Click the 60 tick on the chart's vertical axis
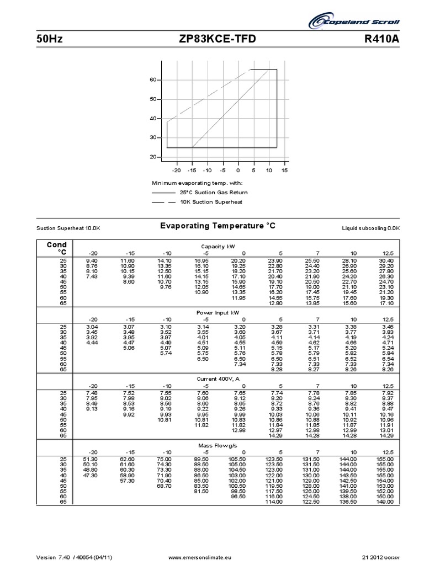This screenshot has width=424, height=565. pyautogui.click(x=153, y=80)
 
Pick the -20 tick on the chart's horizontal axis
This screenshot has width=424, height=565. pyautogui.click(x=177, y=170)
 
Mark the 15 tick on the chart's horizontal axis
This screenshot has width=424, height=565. pyautogui.click(x=284, y=170)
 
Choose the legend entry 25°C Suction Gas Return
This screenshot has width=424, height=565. pyautogui.click(x=213, y=193)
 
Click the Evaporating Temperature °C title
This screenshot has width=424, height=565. pyautogui.click(x=217, y=226)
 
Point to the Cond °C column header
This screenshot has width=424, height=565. pyautogui.click(x=56, y=248)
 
